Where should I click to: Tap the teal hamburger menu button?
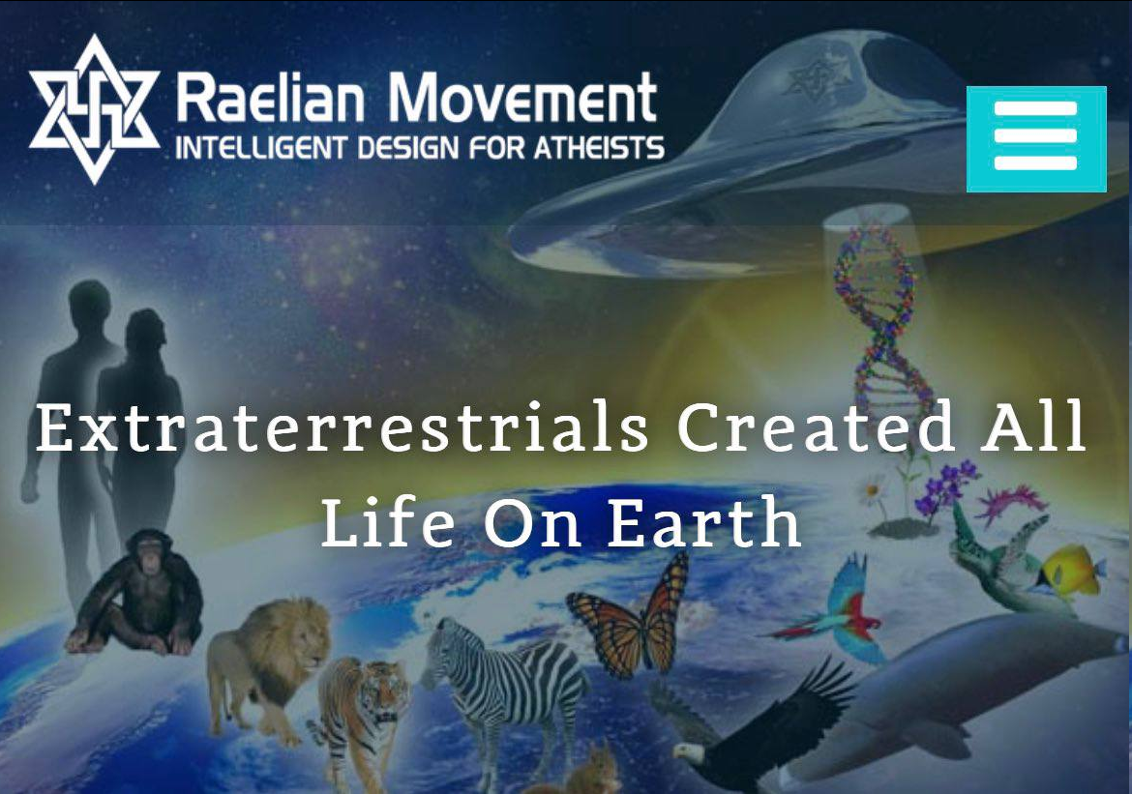(1036, 138)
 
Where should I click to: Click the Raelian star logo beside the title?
(94, 109)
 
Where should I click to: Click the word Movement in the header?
(522, 98)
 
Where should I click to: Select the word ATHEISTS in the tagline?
(599, 147)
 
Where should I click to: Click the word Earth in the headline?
(704, 522)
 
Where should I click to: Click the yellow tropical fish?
(1071, 571)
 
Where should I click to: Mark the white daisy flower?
(872, 491)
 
